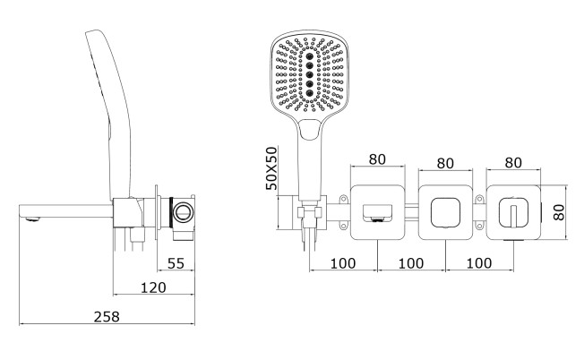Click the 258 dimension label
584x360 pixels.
[x=107, y=317]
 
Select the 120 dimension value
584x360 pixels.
[x=153, y=287]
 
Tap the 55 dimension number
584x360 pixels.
[x=176, y=263]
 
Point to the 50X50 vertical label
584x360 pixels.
[x=271, y=168]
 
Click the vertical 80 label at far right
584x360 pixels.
[x=559, y=212]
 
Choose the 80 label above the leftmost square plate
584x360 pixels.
[x=377, y=159]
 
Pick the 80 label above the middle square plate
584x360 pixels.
[x=445, y=163]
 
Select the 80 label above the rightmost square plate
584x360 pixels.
[x=513, y=162]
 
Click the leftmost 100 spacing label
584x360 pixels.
[x=343, y=263]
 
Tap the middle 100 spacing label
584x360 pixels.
[x=411, y=263]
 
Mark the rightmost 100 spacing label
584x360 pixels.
[x=479, y=263]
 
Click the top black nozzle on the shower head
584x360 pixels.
[x=310, y=56]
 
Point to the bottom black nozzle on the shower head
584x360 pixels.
[x=310, y=92]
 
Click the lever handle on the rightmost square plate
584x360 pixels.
[x=513, y=216]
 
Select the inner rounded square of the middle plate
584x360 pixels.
[x=445, y=212]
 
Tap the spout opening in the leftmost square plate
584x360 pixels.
[x=377, y=213]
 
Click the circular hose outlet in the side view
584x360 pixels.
[x=183, y=212]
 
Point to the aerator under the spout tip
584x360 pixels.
[x=33, y=219]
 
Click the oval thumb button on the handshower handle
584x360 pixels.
[x=309, y=130]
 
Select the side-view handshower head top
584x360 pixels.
[x=94, y=34]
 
